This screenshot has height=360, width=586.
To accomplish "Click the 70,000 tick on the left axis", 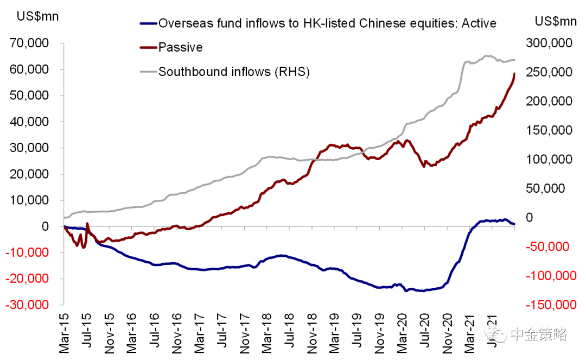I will (33, 43).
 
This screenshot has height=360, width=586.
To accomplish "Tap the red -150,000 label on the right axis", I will (546, 305).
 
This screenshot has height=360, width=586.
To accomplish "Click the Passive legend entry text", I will (180, 47).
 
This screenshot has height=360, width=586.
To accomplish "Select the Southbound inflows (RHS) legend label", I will (233, 71).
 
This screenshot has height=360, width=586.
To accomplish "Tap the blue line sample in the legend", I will (147, 23).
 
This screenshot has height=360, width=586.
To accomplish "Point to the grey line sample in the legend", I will (147, 71).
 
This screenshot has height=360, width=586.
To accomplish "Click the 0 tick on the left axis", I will (52, 226).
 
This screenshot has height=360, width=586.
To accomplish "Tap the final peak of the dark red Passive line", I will (514, 74).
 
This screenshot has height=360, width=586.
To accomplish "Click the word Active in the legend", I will (478, 23).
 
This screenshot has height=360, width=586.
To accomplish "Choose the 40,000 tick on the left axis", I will (33, 122).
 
